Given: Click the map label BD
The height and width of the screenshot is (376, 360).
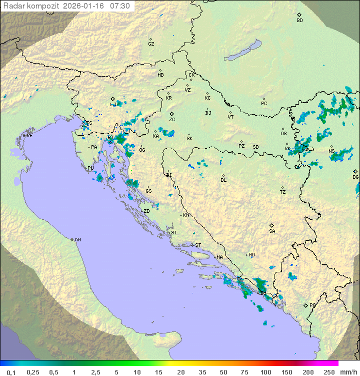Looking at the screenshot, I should (x=299, y=21).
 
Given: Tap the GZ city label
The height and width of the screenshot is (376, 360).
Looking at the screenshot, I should (x=151, y=44).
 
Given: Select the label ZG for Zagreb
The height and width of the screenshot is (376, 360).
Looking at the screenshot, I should (x=172, y=120).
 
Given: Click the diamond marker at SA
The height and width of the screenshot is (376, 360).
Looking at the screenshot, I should (x=272, y=225).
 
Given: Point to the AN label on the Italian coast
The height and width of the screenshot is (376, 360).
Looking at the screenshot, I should (x=77, y=240).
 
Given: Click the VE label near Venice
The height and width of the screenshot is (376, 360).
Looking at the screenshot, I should (x=29, y=136).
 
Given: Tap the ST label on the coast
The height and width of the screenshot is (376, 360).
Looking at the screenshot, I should (x=198, y=245).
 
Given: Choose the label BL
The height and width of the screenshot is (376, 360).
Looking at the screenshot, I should (x=223, y=180).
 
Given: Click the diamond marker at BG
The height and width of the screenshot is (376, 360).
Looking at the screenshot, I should (x=355, y=171).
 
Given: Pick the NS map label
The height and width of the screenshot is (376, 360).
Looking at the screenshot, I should (x=331, y=151).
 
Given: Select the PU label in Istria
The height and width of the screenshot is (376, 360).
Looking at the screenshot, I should (x=90, y=169).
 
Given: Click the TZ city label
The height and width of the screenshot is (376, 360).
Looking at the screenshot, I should (x=283, y=192).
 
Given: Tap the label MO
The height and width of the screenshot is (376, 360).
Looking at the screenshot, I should (x=251, y=255).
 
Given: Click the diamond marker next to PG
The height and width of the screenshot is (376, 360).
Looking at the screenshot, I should (x=305, y=305).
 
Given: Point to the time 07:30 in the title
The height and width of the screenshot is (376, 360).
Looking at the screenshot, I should (x=120, y=6).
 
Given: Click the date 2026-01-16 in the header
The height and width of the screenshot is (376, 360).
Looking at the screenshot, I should (x=85, y=6).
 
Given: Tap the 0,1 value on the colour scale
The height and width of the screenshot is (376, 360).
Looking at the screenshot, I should (x=11, y=372).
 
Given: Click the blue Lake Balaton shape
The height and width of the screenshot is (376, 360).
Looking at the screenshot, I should (x=243, y=51).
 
